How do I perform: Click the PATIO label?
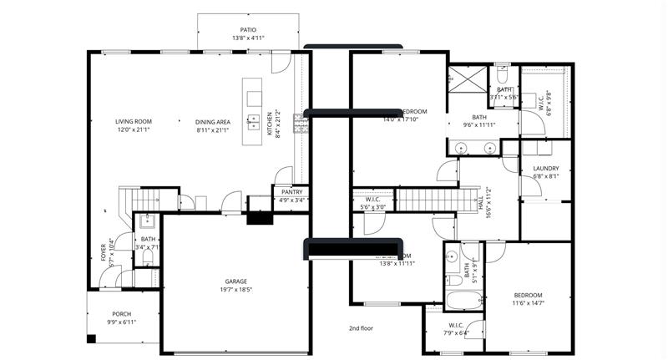tap(248, 30)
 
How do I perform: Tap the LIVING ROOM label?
tap(134, 122)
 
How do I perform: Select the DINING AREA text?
tap(213, 122)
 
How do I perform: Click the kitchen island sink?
tap(251, 122)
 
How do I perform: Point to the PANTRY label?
tap(291, 192)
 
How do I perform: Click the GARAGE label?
tap(235, 281)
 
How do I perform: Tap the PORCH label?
tap(122, 314)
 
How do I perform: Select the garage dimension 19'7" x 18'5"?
tap(235, 289)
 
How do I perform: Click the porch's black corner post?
tap(93, 339)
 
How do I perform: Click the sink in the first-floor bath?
tap(147, 222)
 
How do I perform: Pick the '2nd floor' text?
tap(361, 328)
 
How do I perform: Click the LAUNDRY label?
tap(545, 169)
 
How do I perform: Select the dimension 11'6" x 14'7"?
tap(528, 303)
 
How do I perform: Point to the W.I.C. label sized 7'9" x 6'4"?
tap(456, 325)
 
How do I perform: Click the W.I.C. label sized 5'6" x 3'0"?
tap(373, 200)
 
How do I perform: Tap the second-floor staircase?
tap(434, 200)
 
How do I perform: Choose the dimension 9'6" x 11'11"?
tap(479, 125)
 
